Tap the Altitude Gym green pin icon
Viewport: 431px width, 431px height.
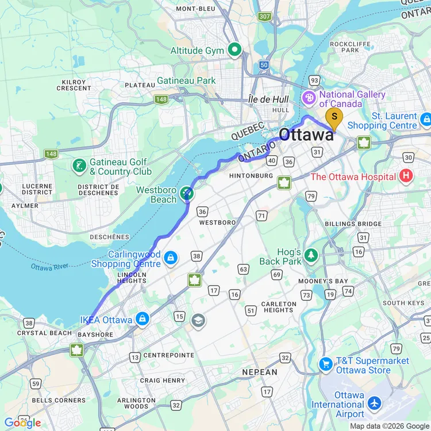(x=234, y=51)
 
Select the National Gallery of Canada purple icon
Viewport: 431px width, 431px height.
(x=310, y=99)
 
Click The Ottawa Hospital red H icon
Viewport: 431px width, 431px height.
(x=406, y=176)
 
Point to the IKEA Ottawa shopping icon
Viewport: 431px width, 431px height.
(x=142, y=320)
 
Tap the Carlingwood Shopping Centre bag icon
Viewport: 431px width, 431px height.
(x=170, y=258)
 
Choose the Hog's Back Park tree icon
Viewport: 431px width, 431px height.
(x=311, y=255)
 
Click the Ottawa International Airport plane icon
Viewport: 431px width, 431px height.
(x=375, y=404)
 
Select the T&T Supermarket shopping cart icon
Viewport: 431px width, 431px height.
(x=326, y=364)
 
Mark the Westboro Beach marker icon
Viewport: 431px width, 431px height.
(x=186, y=194)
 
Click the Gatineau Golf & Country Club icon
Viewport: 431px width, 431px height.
(x=79, y=166)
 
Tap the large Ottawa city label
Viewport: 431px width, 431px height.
(x=306, y=135)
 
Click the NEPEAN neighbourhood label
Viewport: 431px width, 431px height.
(x=260, y=372)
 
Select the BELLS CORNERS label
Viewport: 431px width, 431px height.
(x=51, y=400)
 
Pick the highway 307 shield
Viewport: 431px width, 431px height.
(x=264, y=17)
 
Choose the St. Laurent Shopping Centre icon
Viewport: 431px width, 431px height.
(x=425, y=120)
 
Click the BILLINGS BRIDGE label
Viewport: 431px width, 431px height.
(x=352, y=224)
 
